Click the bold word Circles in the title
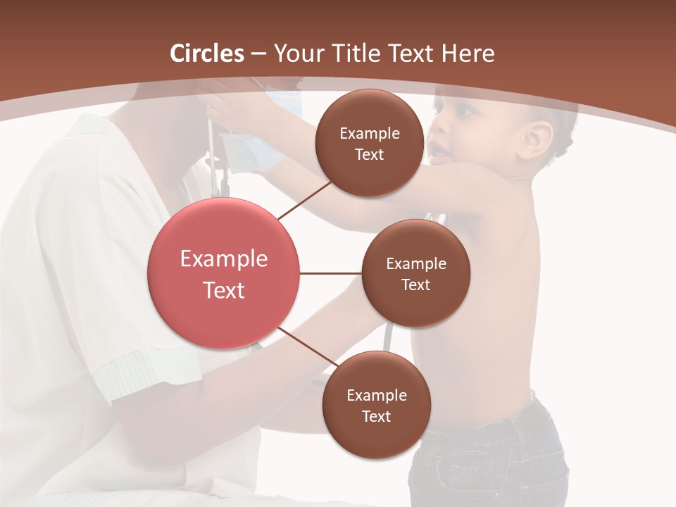[x=206, y=54]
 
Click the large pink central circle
[x=223, y=274]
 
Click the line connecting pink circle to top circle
[x=304, y=199]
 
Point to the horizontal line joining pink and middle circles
[x=330, y=273]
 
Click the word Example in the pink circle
[x=223, y=259]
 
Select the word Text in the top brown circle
[x=369, y=154]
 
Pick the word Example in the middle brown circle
[x=415, y=264]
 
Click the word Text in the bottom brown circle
[x=376, y=416]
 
